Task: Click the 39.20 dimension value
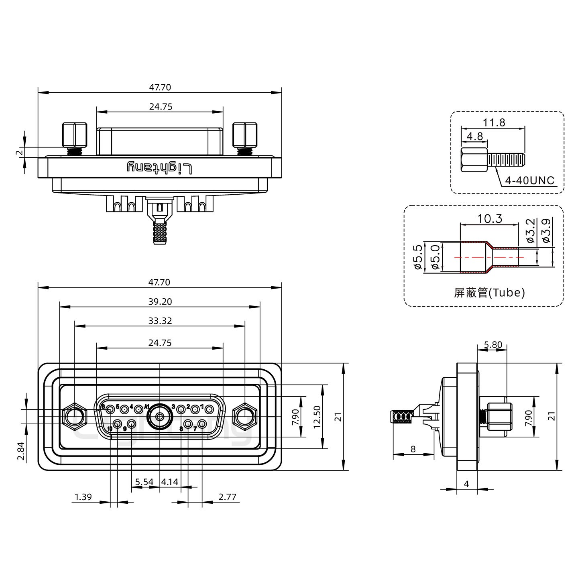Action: coord(160,301)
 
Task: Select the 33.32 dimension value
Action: coord(160,321)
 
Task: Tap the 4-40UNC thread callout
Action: coord(529,181)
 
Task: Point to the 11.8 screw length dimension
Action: coord(494,122)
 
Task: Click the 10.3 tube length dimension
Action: coord(489,219)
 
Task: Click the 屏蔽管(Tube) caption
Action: coord(489,293)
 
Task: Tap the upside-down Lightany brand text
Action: coord(160,167)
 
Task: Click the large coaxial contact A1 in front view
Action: coord(160,417)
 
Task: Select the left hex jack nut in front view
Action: coord(75,417)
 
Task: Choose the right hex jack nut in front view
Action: coord(244,417)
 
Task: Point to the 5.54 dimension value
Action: coord(144,481)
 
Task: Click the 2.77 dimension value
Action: coord(227,497)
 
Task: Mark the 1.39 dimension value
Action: coord(83,497)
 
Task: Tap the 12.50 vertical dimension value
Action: coord(317,417)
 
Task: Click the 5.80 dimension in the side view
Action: coord(493,344)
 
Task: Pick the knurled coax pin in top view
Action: coord(159,233)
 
